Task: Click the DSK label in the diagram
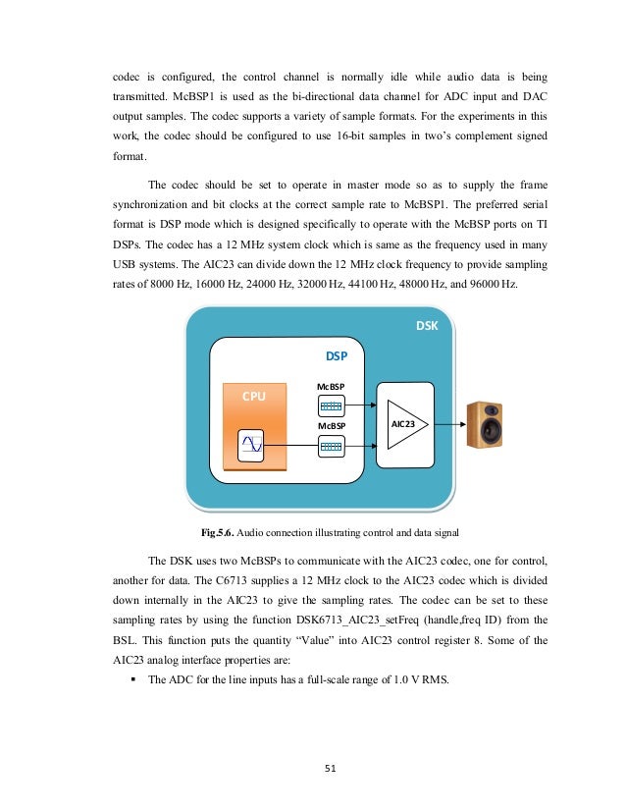coord(427,324)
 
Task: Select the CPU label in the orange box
coord(255,394)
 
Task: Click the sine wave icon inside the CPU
coord(251,447)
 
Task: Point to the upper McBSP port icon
coord(331,405)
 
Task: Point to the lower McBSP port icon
coord(331,447)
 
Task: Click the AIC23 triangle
coord(405,424)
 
